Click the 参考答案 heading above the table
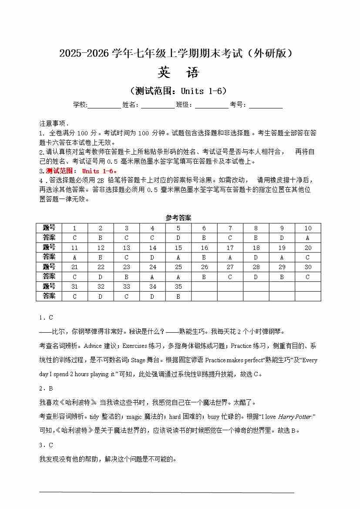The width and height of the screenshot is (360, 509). pos(178,218)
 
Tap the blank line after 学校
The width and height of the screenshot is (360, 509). pos(104,105)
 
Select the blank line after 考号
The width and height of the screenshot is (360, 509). pos(266,105)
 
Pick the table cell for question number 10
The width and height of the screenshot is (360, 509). pos(308,228)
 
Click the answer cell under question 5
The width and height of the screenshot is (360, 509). pos(178,238)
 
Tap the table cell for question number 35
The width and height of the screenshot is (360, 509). pos(178,287)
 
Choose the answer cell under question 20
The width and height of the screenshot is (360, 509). pos(308,257)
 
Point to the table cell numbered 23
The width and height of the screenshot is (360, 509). pos(126,267)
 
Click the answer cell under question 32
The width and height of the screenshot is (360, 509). pos(101,296)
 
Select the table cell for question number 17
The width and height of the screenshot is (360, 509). pos(230,248)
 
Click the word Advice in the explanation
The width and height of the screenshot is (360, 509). pos(92,346)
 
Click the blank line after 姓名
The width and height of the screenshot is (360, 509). pos(157,105)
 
